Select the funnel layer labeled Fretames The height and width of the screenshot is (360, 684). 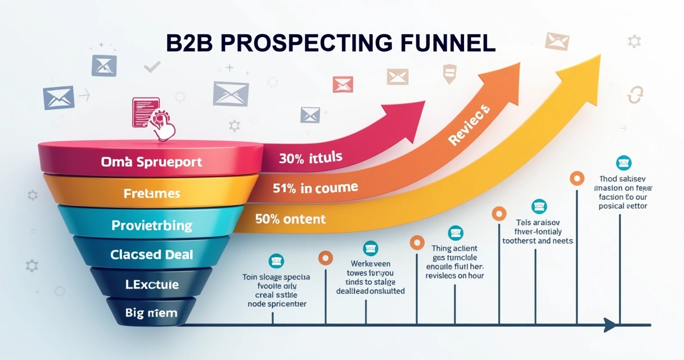pos(152,193)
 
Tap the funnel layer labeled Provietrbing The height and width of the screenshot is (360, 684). pos(152,225)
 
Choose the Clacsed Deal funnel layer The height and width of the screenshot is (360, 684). pos(152,255)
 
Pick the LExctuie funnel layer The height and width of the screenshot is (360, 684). pos(152,285)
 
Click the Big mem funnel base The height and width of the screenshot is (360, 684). pos(152,313)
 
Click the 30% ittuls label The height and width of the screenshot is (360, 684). pos(310,158)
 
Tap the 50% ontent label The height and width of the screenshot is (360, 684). pos(290,219)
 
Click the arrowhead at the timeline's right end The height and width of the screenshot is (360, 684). pos(609,325)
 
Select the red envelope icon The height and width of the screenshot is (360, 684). pos(342,84)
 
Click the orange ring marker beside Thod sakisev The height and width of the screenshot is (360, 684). pos(577,178)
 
